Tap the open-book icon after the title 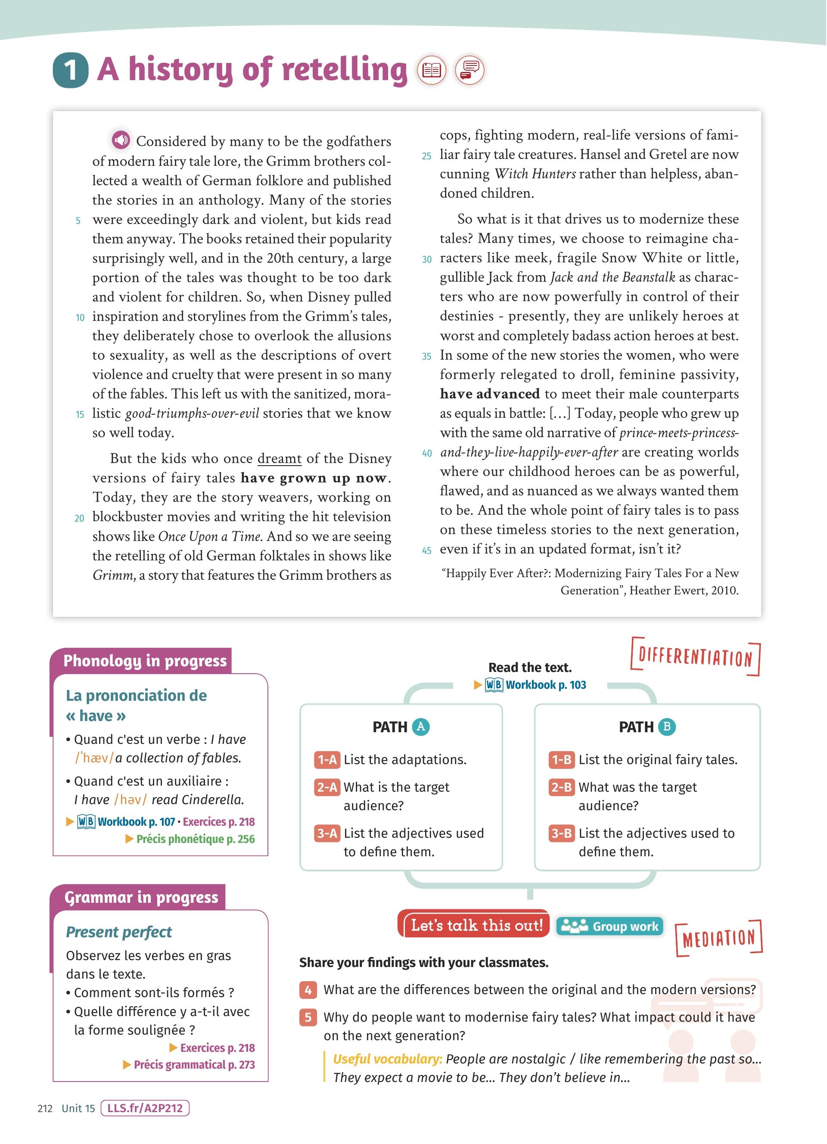(x=432, y=70)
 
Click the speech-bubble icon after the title (x=469, y=70)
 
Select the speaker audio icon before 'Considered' (x=121, y=140)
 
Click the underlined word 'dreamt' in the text (x=280, y=459)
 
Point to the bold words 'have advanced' (x=490, y=394)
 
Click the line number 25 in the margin (x=426, y=156)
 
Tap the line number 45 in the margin (x=426, y=551)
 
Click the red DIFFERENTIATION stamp (x=695, y=657)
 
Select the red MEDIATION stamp (x=718, y=938)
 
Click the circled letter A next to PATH (x=421, y=727)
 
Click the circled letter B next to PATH (x=667, y=727)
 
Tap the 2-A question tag (x=327, y=787)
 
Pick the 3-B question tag (x=561, y=833)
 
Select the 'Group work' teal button (x=609, y=926)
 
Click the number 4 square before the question (x=308, y=990)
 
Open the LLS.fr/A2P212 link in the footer (x=145, y=1108)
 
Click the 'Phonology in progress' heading (x=145, y=661)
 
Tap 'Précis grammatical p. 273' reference (x=194, y=1065)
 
